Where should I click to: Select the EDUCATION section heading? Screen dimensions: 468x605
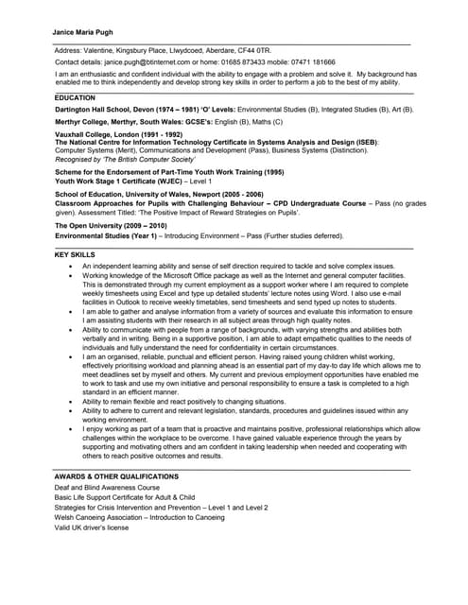75,97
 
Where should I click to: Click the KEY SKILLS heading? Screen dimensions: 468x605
75,255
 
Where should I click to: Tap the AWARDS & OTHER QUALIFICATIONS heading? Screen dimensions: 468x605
116,475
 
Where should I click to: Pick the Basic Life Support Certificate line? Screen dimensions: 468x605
125,497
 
